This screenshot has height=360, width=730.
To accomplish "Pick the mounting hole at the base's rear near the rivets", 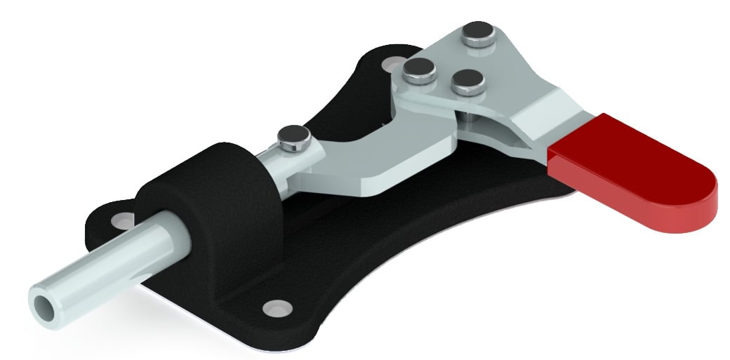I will click(388, 65).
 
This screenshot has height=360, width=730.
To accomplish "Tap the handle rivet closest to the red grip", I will click(466, 81).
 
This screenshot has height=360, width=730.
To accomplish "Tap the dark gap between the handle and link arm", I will click(484, 126).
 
